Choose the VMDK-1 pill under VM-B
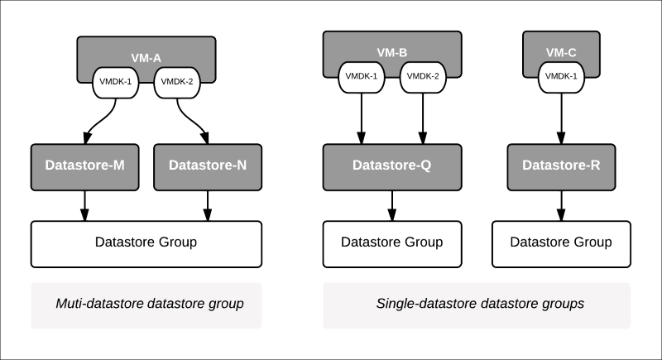pyautogui.click(x=362, y=77)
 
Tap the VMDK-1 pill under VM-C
pyautogui.click(x=562, y=77)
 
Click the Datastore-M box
pyautogui.click(x=84, y=165)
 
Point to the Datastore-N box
pyautogui.click(x=208, y=165)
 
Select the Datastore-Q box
pyautogui.click(x=391, y=165)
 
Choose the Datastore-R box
pyautogui.click(x=562, y=165)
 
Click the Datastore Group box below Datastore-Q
pyautogui.click(x=391, y=243)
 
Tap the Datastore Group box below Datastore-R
pyautogui.click(x=562, y=243)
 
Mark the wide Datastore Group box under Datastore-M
pyautogui.click(x=146, y=243)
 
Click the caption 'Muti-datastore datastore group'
pyautogui.click(x=146, y=304)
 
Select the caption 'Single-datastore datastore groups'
pyautogui.click(x=476, y=304)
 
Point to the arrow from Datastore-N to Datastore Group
pyautogui.click(x=208, y=203)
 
